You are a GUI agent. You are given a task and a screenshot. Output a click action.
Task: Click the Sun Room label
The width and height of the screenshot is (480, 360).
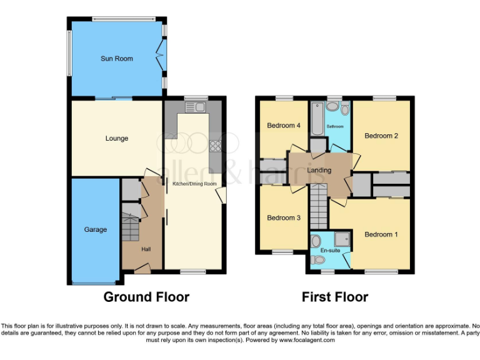(117, 59)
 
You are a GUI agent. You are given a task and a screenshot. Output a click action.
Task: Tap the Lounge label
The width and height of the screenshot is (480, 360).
(117, 138)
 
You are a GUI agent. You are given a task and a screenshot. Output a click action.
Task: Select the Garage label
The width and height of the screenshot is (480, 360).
(96, 229)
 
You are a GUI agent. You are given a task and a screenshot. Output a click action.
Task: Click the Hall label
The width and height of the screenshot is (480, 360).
(146, 249)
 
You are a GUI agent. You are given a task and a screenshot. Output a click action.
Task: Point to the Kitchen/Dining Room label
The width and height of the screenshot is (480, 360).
(194, 184)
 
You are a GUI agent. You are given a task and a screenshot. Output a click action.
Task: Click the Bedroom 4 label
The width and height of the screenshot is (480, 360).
(284, 126)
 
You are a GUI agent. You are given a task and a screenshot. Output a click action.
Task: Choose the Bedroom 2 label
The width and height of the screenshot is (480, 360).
(381, 136)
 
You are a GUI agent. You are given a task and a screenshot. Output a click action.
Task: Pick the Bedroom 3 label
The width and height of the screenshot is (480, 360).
(284, 217)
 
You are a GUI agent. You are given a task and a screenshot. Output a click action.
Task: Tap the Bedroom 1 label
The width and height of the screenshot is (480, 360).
(381, 234)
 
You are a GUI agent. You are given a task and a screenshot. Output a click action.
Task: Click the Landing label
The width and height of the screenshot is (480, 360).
(319, 170)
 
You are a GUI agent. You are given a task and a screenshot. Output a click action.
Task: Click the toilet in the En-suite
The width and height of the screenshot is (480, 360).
(317, 241)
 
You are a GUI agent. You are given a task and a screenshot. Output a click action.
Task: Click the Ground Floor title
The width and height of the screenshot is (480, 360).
(146, 297)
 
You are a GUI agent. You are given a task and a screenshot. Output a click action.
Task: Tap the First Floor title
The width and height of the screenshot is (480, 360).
(335, 297)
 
